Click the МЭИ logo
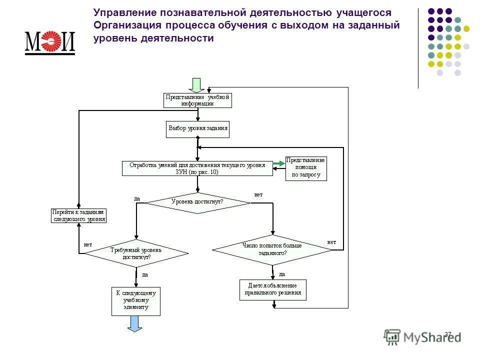click(49, 42)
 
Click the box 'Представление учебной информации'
click(197, 100)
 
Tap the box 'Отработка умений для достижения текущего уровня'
click(197, 168)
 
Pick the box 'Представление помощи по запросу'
click(306, 168)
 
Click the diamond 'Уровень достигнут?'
click(197, 202)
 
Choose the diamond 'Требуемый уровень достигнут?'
click(135, 253)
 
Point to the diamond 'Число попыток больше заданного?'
click(272, 249)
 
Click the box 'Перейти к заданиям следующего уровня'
click(79, 215)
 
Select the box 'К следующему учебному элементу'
click(136, 300)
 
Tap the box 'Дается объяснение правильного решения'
click(272, 289)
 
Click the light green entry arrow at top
click(196, 85)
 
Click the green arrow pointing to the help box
click(279, 163)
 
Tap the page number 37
click(447, 334)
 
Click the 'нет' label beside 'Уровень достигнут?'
click(258, 194)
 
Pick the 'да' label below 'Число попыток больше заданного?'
click(281, 274)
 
